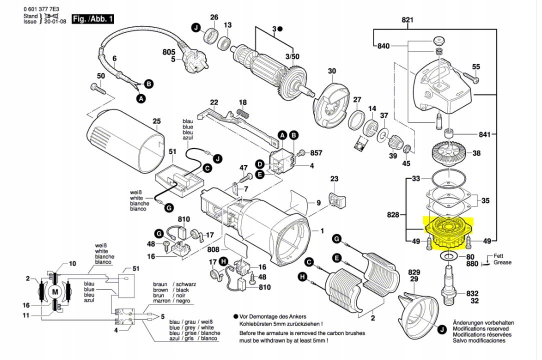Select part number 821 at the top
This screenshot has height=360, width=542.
click(x=408, y=20)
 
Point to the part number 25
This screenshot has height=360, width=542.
click(x=156, y=121)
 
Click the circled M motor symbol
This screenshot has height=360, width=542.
click(x=55, y=291)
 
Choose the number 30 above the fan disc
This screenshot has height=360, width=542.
click(x=332, y=71)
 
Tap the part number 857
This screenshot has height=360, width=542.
click(x=316, y=152)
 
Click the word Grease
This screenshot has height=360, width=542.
click(x=502, y=262)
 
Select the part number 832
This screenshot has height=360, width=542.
click(x=472, y=293)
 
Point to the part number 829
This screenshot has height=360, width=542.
click(x=414, y=272)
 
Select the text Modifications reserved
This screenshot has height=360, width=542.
click(x=480, y=329)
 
